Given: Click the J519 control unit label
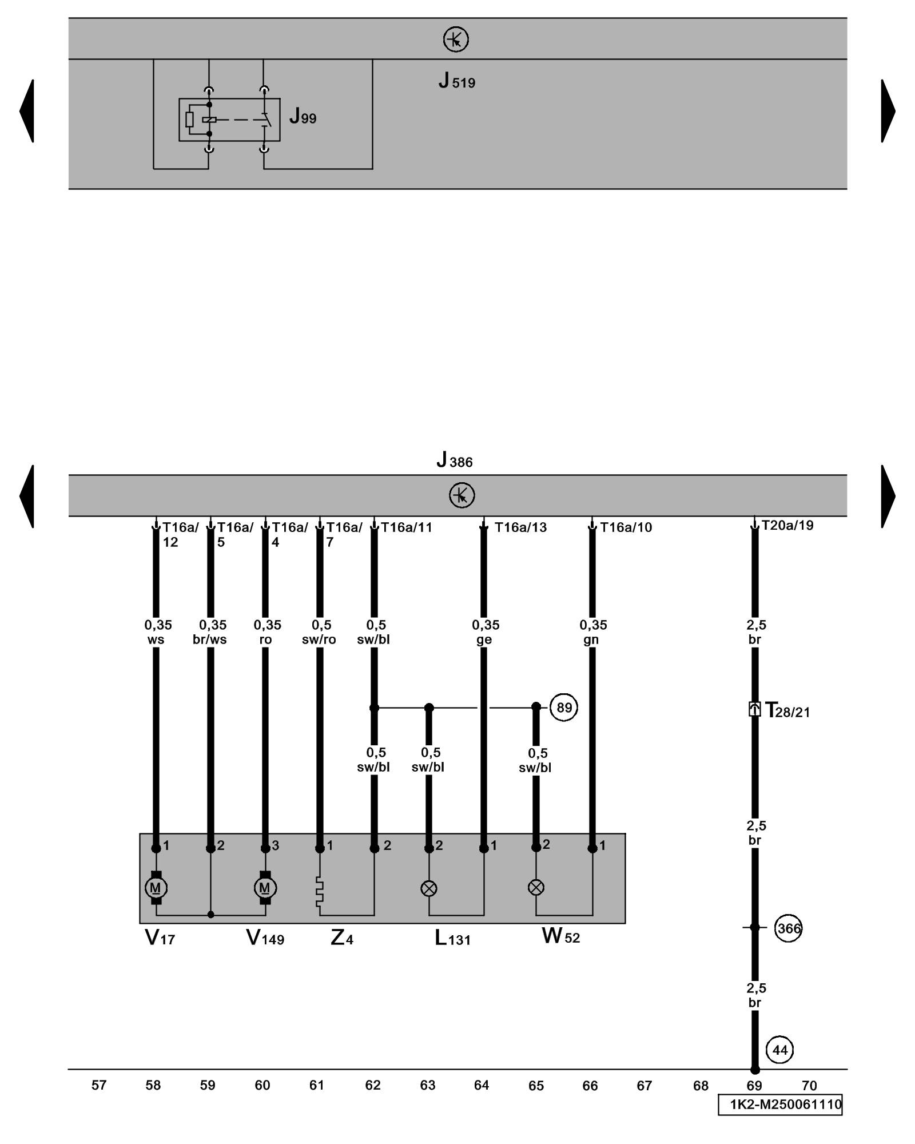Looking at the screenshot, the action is coord(456,82).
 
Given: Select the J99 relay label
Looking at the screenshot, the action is coord(303,117).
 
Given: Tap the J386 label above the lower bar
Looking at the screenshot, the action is coord(455,460).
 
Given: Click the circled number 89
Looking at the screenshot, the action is coord(564,708).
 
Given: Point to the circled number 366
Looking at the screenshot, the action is coord(788,928).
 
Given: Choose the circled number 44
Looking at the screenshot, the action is coord(779,1050).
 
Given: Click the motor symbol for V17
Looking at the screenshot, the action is coord(156,888).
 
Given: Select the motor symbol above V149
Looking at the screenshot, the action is coord(265,888).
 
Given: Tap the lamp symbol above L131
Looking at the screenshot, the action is coord(429,888).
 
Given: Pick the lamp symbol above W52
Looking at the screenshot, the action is coord(536,887).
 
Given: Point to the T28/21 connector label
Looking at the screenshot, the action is coord(787,711).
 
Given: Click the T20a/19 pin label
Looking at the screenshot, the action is coord(787,525).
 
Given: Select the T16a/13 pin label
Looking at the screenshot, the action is coord(520,527).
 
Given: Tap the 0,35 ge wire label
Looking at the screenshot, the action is coord(485,632).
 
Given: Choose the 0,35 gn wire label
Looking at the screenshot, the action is coord(592,632).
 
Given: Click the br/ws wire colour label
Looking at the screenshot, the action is coord(210,639).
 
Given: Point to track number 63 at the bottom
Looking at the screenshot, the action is coord(428,1085).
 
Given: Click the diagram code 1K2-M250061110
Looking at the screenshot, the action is coord(780,1104).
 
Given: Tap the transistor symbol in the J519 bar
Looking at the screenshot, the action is coord(456,39).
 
